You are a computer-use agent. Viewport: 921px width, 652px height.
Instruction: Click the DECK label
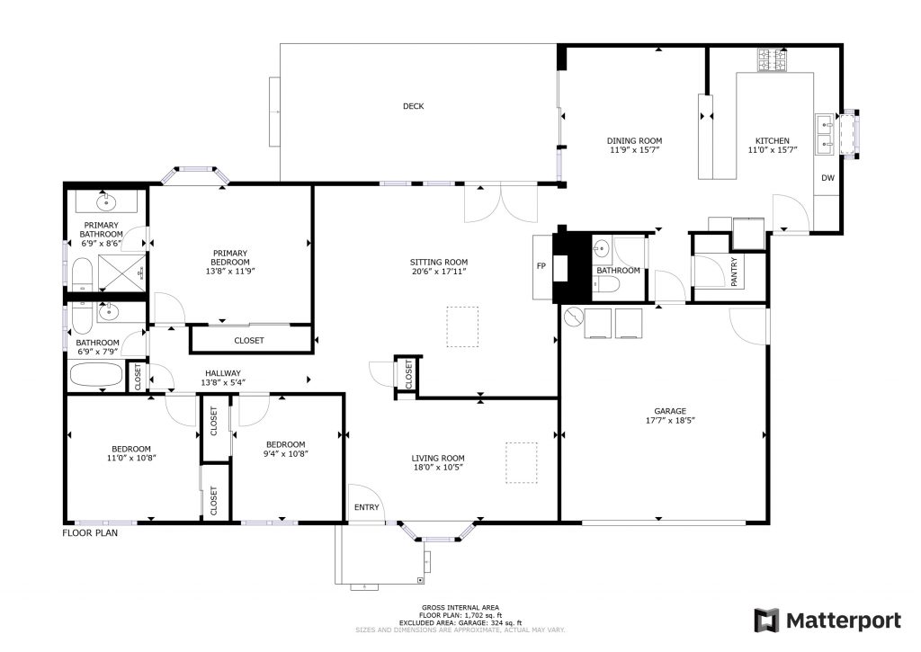(413, 106)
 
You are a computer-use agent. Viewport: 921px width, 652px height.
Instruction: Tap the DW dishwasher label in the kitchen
(827, 178)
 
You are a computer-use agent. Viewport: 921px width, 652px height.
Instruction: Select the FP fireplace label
(541, 267)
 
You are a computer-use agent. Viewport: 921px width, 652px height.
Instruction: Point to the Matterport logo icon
(765, 620)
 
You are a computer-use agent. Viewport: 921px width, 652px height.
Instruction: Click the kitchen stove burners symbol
(772, 61)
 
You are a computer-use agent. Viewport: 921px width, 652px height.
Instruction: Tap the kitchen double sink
(824, 133)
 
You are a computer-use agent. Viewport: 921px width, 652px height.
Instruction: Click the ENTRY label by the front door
(366, 508)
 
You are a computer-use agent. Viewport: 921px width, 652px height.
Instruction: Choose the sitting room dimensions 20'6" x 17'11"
(438, 272)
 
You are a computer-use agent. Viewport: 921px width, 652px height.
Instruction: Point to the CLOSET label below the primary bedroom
(249, 340)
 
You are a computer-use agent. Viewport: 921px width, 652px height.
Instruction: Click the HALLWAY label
(222, 372)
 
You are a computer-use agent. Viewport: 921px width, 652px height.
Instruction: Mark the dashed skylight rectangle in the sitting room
(464, 326)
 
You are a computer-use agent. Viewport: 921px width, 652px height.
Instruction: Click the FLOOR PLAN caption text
(89, 532)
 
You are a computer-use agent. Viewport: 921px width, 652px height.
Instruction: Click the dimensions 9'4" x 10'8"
(285, 455)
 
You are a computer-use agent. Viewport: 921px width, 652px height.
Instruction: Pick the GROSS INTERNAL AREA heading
(460, 607)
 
